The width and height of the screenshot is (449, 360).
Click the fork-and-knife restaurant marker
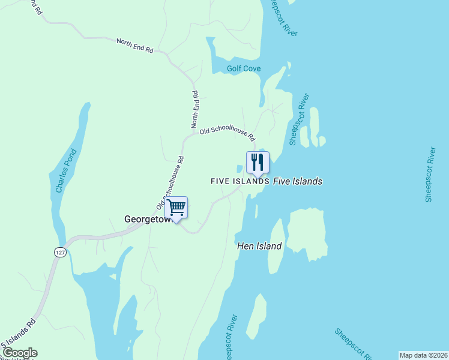coord(258,163)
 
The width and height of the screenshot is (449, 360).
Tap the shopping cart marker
coord(176,208)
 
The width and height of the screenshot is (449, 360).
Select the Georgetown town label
coord(148,220)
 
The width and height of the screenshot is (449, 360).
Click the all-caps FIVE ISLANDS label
coord(240,181)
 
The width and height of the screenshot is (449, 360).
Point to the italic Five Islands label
coord(298,181)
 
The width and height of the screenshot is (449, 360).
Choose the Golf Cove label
coord(244,69)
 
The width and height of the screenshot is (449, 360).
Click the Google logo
coord(19,353)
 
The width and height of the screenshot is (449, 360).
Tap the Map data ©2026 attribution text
coord(423,355)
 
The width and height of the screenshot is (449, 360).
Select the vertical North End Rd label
coord(195,109)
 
